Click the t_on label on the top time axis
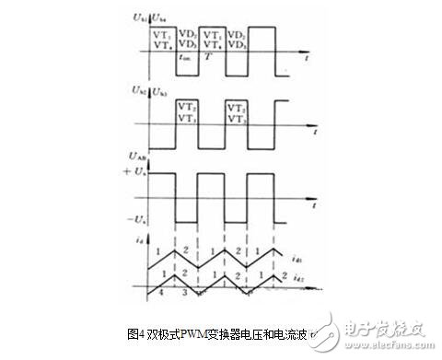pos(184,57)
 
